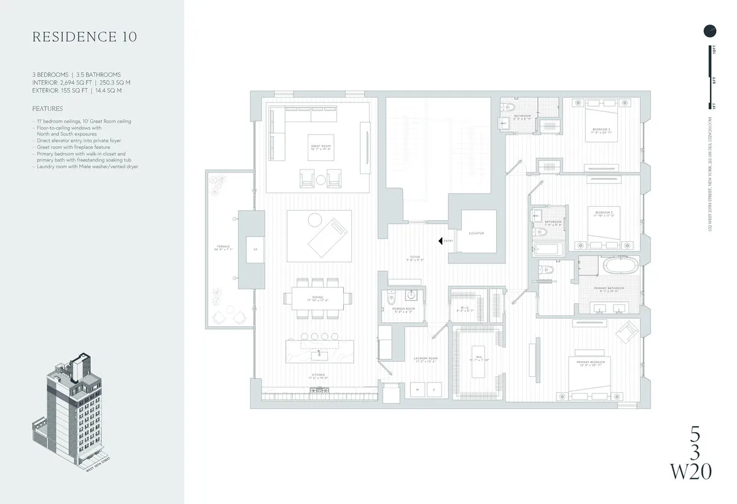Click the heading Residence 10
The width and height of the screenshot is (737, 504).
pyautogui.click(x=85, y=37)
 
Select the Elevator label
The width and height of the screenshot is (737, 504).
pyautogui.click(x=477, y=234)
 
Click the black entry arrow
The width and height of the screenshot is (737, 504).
pyautogui.click(x=440, y=241)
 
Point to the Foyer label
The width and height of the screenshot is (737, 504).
pyautogui.click(x=415, y=258)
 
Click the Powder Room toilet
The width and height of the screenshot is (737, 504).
pyautogui.click(x=392, y=300)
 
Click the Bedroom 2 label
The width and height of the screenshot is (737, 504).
pyautogui.click(x=602, y=214)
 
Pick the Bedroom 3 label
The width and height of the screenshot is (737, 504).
pyautogui.click(x=601, y=130)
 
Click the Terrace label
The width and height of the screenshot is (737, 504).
pyautogui.click(x=222, y=248)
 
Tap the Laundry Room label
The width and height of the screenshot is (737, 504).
pyautogui.click(x=424, y=360)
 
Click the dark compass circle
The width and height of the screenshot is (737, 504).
pyautogui.click(x=710, y=30)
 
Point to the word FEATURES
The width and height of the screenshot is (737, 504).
pyautogui.click(x=47, y=109)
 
